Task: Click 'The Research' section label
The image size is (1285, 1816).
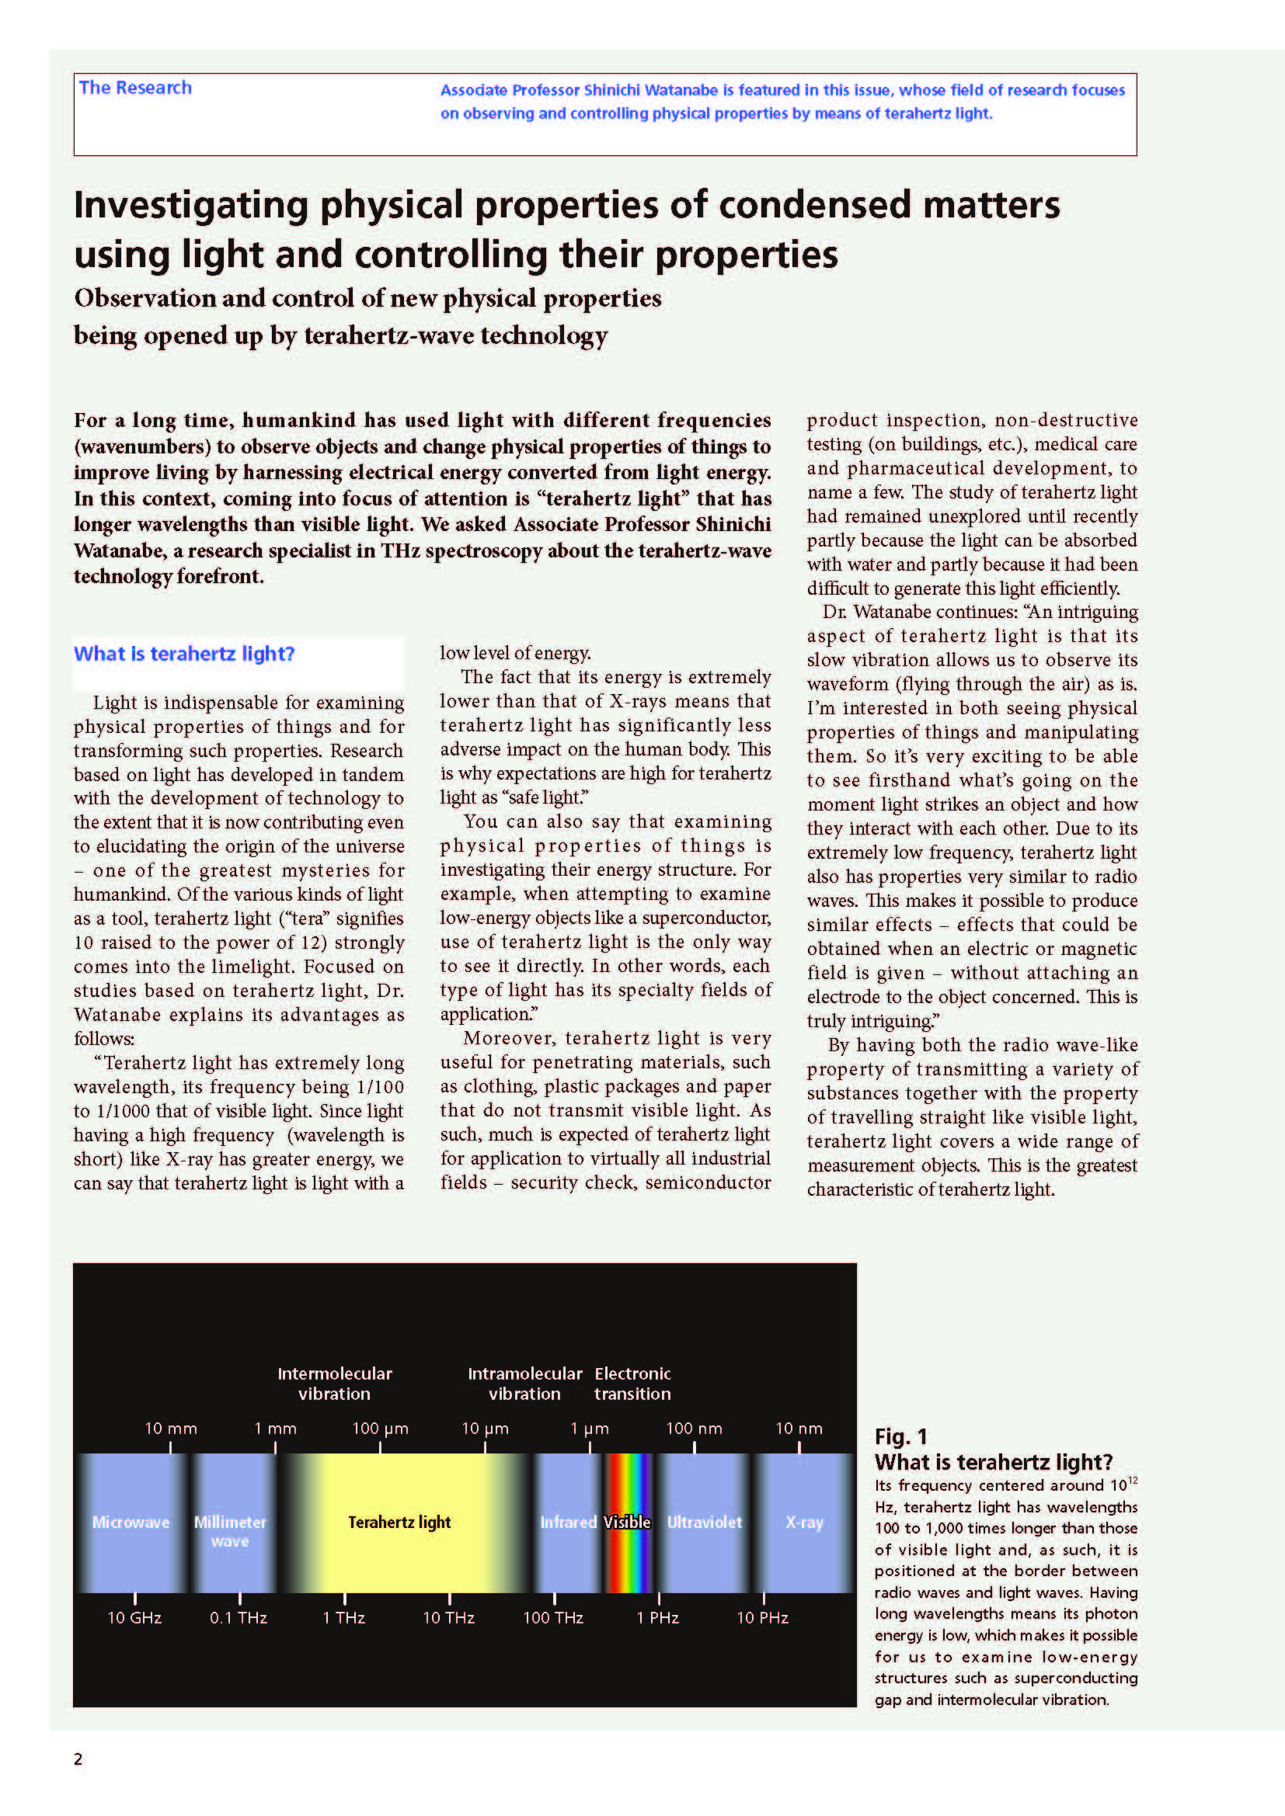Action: pos(135,88)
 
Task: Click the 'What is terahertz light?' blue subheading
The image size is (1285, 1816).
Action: pos(183,654)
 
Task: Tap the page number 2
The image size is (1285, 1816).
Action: pos(78,1759)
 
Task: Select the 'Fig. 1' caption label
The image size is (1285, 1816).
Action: pos(900,1436)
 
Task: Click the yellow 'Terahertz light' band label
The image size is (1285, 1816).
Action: pos(399,1522)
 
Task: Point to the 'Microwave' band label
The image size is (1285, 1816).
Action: pos(131,1522)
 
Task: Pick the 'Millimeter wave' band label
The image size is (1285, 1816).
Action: pos(229,1530)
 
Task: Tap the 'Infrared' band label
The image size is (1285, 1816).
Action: pos(567,1522)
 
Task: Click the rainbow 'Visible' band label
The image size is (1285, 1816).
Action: pos(627,1522)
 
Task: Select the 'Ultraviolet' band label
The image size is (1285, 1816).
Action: pos(704,1522)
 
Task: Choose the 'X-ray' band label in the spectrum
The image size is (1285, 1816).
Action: pos(804,1522)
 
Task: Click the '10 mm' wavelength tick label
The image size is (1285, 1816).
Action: pos(170,1429)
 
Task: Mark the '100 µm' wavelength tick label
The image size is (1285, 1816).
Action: pos(380,1429)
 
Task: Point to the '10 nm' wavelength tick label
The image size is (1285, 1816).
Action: pos(799,1429)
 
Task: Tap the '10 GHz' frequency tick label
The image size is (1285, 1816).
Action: pos(134,1617)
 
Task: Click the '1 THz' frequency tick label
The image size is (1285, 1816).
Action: pos(343,1617)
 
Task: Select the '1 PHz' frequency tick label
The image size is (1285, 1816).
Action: pos(657,1617)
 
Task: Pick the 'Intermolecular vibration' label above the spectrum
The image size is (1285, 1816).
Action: pos(335,1384)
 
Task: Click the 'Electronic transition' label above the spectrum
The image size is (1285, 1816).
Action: pos(632,1384)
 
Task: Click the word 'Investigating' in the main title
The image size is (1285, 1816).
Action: pos(190,205)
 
